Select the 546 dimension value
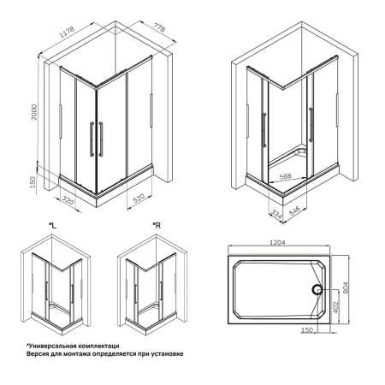click(293, 208)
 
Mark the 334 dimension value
click(275, 208)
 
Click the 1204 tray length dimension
click(275, 242)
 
